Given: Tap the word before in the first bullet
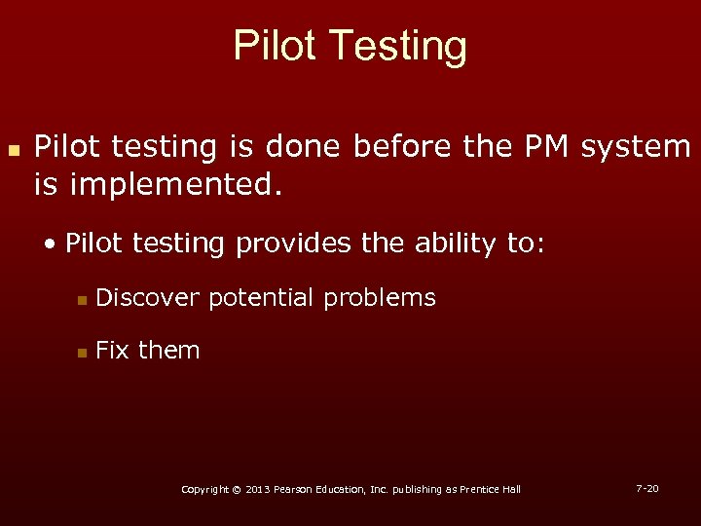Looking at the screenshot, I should tap(394, 146).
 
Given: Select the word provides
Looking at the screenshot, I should tap(295, 244).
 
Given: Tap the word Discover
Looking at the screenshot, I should tap(149, 297).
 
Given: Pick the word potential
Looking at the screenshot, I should tap(260, 298).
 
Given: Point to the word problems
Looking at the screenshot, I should tap(380, 298).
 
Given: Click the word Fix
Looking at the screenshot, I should tap(113, 350).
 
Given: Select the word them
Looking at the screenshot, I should tap(169, 350).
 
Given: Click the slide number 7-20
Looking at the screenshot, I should tap(646, 487).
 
